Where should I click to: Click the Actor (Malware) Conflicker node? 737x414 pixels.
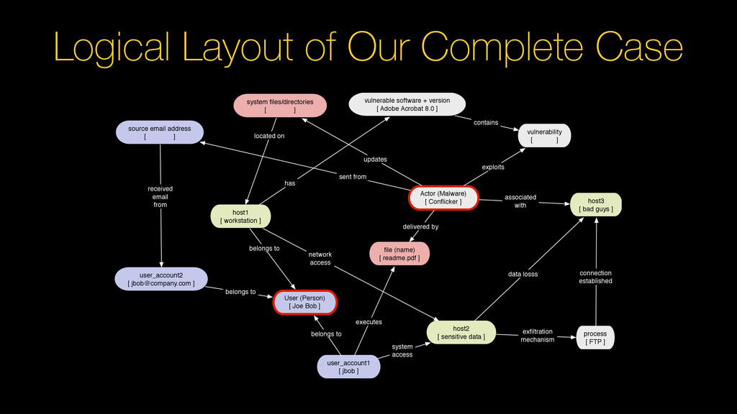click(443, 198)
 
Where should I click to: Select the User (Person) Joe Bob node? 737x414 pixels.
click(304, 302)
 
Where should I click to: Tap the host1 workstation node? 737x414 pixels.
click(240, 216)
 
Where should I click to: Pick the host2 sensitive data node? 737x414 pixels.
click(461, 332)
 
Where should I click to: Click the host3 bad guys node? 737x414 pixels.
click(596, 205)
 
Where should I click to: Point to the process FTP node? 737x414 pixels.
click(595, 338)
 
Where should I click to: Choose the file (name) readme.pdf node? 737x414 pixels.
click(399, 254)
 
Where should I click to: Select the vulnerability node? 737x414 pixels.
click(544, 136)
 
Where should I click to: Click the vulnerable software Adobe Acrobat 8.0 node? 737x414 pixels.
click(407, 105)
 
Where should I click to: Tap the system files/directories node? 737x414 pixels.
click(280, 106)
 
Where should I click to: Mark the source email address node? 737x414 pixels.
click(160, 133)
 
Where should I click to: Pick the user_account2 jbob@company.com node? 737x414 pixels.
click(161, 279)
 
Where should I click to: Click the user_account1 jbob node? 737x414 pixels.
click(348, 367)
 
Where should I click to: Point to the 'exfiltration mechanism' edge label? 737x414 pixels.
click(538, 336)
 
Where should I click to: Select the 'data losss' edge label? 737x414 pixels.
click(523, 275)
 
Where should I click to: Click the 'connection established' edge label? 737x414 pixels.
click(595, 277)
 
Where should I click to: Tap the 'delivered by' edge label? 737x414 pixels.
click(420, 226)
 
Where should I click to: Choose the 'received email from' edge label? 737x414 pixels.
click(160, 196)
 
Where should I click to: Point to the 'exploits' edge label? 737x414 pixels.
click(493, 167)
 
